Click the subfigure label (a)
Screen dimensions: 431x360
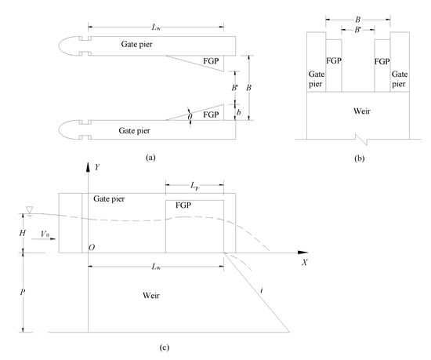(x=151, y=158)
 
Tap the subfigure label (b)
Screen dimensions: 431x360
(x=359, y=158)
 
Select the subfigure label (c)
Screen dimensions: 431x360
(x=165, y=347)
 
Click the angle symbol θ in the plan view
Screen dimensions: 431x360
(x=190, y=117)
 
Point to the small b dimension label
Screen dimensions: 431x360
(x=239, y=112)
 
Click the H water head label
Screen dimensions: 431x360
(x=22, y=233)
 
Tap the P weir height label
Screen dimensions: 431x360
(x=23, y=292)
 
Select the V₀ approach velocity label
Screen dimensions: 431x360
(x=45, y=234)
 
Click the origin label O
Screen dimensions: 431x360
(x=92, y=248)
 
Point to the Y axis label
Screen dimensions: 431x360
(x=97, y=167)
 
